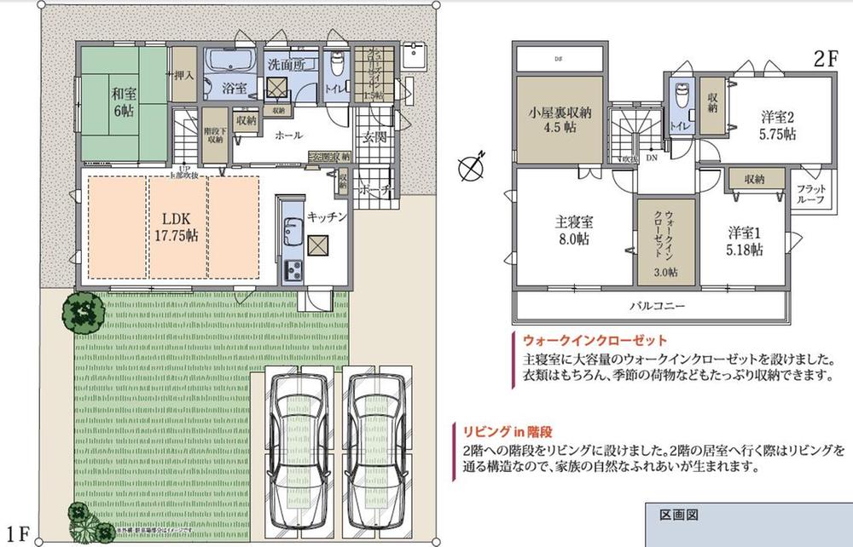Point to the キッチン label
[x=328, y=217]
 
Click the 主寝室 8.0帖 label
[x=571, y=230]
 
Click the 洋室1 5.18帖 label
[x=745, y=240]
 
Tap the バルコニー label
[x=658, y=304]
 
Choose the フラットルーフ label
[x=810, y=194]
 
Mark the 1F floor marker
[x=20, y=534]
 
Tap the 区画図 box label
[x=679, y=515]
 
